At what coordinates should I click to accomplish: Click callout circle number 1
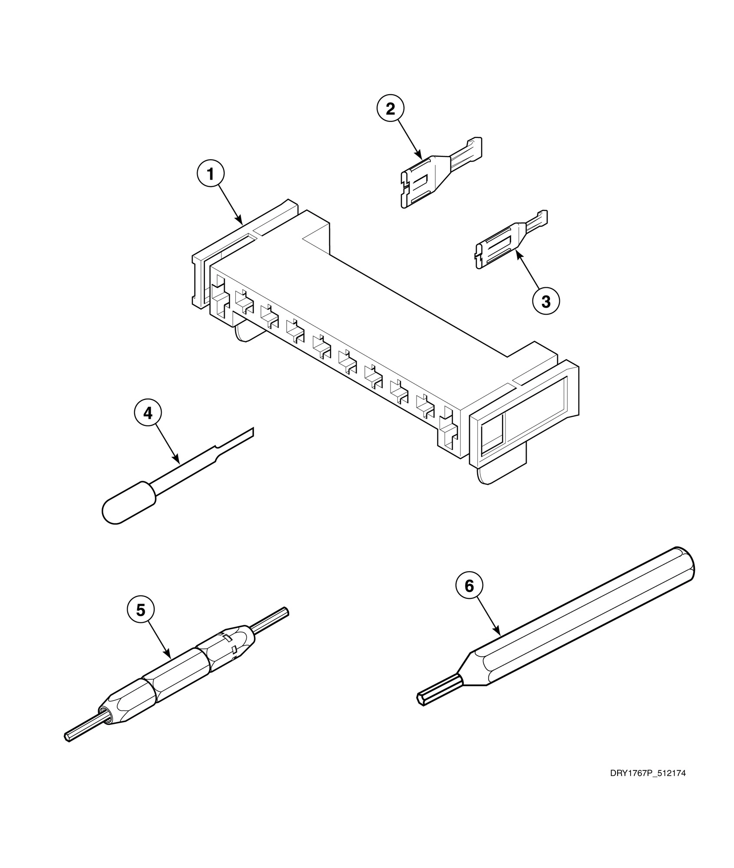pyautogui.click(x=211, y=174)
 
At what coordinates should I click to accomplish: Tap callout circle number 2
pyautogui.click(x=390, y=109)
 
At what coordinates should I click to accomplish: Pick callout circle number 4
pyautogui.click(x=148, y=413)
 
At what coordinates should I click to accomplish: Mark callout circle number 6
pyautogui.click(x=469, y=586)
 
